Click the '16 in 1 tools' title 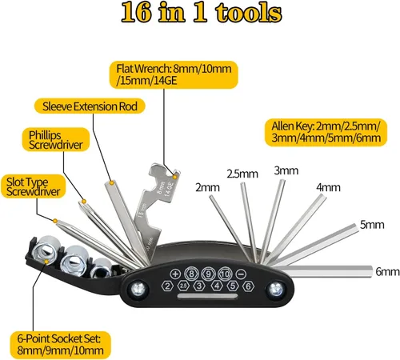(202, 13)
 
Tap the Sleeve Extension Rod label (90, 106)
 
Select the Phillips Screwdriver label (56, 139)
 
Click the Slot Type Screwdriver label (34, 186)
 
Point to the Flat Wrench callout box (174, 74)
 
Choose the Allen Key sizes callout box (326, 132)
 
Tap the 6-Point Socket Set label (60, 345)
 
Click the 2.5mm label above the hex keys (242, 174)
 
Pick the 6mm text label (387, 271)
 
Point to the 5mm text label (372, 225)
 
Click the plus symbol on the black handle (175, 274)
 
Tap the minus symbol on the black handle (242, 274)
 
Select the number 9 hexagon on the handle (209, 274)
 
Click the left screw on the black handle (138, 289)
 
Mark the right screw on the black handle (276, 289)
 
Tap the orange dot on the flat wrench (175, 177)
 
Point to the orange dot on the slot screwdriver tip (55, 221)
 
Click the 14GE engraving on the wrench (169, 189)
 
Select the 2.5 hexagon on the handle (183, 286)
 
